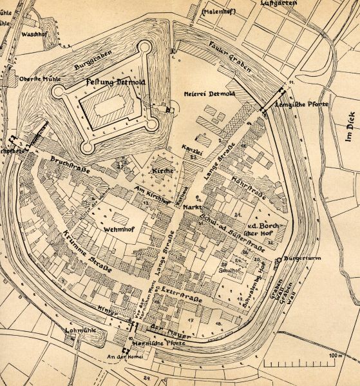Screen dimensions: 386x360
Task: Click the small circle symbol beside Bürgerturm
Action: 278,260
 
